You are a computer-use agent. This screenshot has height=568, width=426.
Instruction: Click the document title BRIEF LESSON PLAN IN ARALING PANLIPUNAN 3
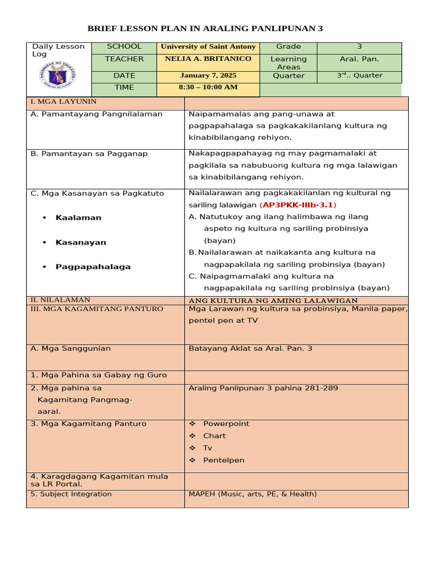pyautogui.click(x=205, y=28)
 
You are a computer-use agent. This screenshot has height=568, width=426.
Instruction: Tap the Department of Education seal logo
pyautogui.click(x=58, y=75)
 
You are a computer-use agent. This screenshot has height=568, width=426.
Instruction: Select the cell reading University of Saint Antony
pyautogui.click(x=208, y=47)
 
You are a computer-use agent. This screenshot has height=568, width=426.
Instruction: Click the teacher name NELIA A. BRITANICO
pyautogui.click(x=208, y=59)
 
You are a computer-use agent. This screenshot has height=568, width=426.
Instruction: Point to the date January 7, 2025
pyautogui.click(x=208, y=75)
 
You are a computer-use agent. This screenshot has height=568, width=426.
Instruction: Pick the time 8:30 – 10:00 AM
pyautogui.click(x=208, y=87)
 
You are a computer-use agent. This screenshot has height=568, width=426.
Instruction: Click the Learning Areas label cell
pyautogui.click(x=288, y=63)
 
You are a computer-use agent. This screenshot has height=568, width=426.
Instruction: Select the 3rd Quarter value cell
pyautogui.click(x=359, y=75)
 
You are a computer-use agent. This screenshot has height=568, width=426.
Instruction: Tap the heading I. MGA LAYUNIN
pyautogui.click(x=63, y=102)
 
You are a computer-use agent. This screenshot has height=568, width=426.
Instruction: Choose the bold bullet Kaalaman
pyautogui.click(x=78, y=217)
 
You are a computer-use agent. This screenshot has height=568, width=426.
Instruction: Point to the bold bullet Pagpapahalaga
pyautogui.click(x=93, y=267)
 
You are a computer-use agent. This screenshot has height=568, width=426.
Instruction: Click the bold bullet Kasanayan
pyautogui.click(x=80, y=242)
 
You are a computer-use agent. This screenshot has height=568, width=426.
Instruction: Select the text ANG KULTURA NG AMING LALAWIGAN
pyautogui.click(x=273, y=301)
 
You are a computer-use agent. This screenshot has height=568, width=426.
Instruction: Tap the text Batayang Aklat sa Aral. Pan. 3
pyautogui.click(x=250, y=348)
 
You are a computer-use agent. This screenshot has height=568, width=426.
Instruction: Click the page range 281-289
pyautogui.click(x=319, y=388)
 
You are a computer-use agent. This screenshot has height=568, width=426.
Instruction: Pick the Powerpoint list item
pyautogui.click(x=226, y=424)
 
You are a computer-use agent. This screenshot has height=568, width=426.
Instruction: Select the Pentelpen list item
pyautogui.click(x=224, y=460)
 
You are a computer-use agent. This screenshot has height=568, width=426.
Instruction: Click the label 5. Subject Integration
pyautogui.click(x=71, y=494)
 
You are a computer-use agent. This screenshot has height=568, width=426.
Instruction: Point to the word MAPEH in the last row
pyautogui.click(x=201, y=494)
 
